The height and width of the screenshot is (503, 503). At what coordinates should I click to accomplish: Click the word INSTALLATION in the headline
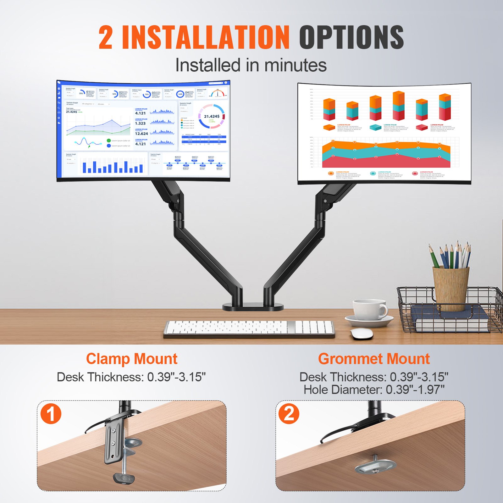(206, 38)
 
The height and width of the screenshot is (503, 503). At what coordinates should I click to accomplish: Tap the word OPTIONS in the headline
(351, 38)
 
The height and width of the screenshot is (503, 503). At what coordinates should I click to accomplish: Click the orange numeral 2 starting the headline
(106, 38)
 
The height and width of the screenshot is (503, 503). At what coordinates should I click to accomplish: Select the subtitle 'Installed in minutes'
(251, 65)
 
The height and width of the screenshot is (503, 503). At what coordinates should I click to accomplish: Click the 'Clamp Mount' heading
(132, 359)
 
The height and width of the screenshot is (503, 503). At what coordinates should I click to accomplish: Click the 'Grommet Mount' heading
(374, 359)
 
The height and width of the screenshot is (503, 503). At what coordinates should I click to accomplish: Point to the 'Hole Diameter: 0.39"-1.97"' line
(374, 390)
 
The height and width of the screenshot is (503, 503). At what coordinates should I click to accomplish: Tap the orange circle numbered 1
(51, 414)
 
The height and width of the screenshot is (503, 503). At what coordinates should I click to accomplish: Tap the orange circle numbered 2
(289, 414)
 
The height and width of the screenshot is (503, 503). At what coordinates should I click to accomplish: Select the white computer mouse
(362, 334)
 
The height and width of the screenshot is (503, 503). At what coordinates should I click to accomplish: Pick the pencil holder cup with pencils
(450, 288)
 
